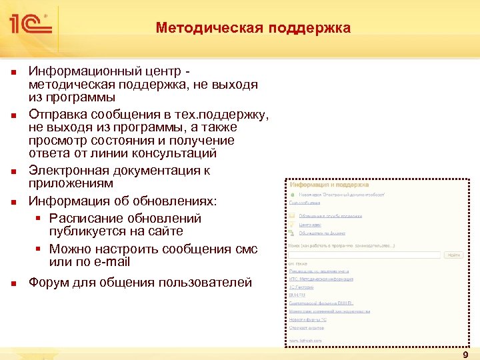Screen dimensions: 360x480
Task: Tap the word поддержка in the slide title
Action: coord(310,28)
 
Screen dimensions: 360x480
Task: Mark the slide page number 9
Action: coord(465,355)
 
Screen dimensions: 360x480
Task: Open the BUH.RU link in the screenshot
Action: coord(297,295)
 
